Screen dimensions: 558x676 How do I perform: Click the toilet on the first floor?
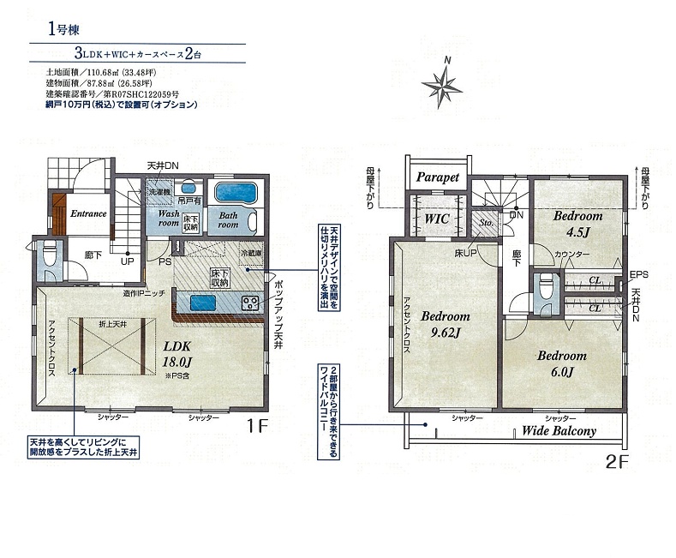[51, 255]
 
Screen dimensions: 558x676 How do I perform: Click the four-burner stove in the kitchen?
[251, 303]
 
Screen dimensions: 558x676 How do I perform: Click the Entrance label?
[88, 213]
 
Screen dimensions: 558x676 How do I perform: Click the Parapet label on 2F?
[438, 177]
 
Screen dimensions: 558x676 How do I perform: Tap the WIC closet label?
[437, 219]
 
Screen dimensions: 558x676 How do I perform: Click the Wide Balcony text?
[559, 431]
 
